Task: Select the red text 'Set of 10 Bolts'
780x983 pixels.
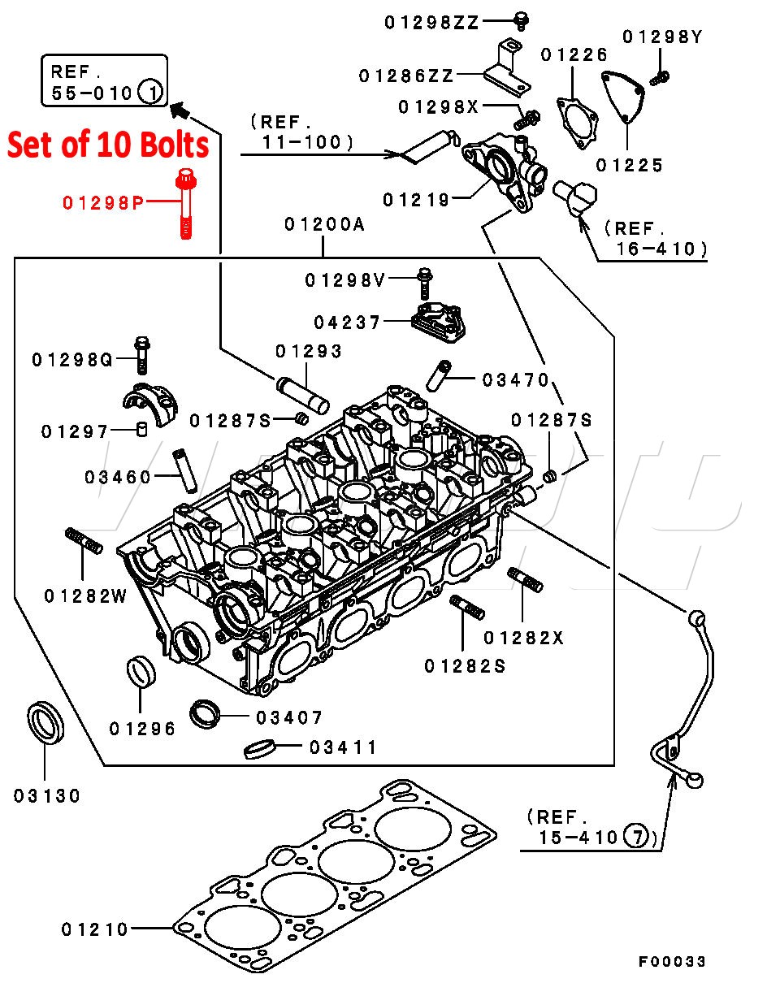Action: click(108, 145)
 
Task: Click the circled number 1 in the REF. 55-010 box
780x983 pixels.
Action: click(151, 92)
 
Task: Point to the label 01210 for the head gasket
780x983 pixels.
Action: click(95, 929)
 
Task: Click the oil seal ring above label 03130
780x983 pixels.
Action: click(45, 721)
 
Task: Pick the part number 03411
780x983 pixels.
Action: click(343, 747)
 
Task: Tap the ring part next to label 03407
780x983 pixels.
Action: click(208, 712)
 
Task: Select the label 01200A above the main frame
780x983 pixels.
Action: click(325, 225)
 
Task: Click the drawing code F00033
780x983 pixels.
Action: click(671, 962)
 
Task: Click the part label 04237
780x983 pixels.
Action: click(347, 323)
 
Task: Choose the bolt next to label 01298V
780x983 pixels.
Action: click(423, 282)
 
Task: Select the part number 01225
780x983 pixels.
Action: click(629, 166)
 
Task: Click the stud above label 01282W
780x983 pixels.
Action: click(83, 541)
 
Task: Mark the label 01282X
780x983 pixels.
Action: click(522, 638)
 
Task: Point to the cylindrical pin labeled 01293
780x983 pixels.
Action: click(302, 393)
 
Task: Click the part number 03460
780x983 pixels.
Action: click(118, 477)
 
